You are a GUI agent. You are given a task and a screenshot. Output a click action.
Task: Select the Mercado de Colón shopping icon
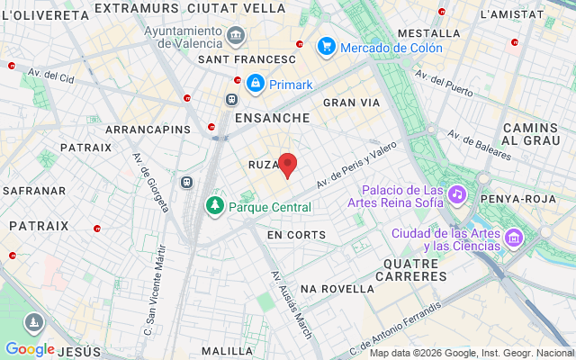[326, 47]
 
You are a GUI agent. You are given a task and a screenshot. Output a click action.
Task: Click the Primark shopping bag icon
[256, 85]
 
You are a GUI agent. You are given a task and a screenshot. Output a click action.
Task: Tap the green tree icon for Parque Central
[215, 206]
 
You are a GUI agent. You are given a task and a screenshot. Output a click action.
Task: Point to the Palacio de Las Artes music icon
[457, 194]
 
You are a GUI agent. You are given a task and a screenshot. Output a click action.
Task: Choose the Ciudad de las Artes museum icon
[514, 238]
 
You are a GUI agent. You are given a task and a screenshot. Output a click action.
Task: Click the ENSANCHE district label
[271, 118]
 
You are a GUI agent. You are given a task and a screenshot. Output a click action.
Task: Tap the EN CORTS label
[296, 235]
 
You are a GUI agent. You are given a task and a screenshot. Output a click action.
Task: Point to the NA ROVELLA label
[337, 289]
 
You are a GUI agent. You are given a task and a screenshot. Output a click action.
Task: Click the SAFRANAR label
[34, 191]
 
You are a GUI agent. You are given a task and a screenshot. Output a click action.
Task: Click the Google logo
[30, 349]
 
